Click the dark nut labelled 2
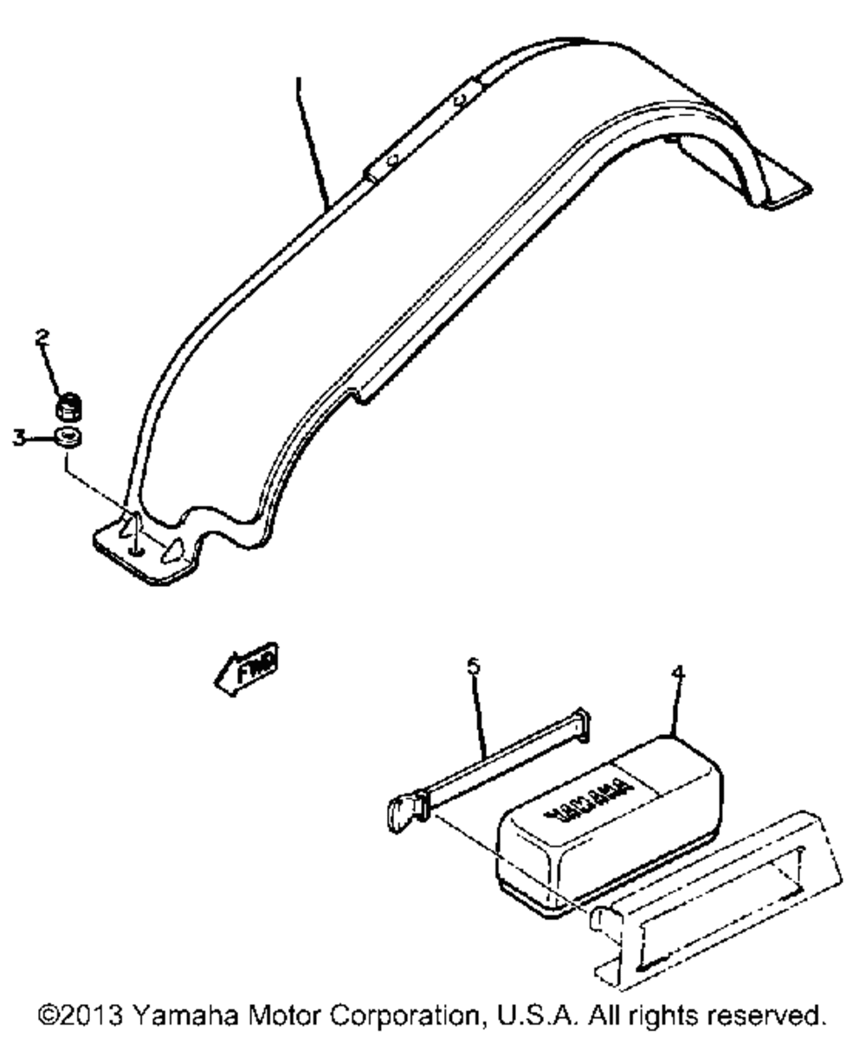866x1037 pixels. (x=67, y=405)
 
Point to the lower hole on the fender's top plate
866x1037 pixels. (x=391, y=158)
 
